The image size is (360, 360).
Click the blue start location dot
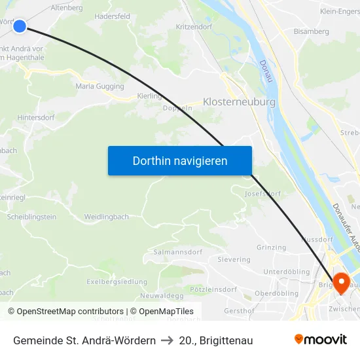tap(20, 26)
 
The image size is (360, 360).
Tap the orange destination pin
tap(341, 281)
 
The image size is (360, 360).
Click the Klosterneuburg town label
tap(239, 102)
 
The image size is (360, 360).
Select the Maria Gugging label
tap(99, 86)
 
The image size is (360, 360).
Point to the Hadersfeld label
tap(112, 16)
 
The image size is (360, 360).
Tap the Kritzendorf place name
tap(194, 27)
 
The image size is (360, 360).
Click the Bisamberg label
tap(311, 31)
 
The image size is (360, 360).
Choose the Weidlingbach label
tap(106, 216)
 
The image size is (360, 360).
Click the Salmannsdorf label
tap(177, 252)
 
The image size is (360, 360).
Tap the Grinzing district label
tap(271, 247)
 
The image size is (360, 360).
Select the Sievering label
tap(234, 260)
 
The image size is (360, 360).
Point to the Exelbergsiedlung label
tap(117, 281)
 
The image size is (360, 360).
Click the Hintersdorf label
tap(35, 117)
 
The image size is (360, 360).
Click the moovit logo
tap(321, 340)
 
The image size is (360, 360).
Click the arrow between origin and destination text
tap(167, 340)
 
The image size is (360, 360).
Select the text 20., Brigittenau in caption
tap(215, 340)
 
